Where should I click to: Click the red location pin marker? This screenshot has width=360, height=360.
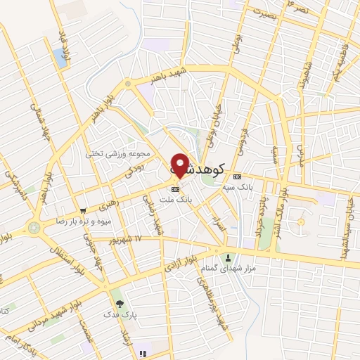181,165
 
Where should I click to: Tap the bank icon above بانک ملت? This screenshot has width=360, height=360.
176,188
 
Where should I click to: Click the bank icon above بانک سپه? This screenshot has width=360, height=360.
238,176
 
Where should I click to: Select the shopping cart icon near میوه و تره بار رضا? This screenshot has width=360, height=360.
84,210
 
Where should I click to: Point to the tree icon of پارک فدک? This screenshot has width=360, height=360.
120,304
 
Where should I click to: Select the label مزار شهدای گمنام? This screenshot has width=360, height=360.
227,269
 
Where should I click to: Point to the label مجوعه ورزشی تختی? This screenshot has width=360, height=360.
118,153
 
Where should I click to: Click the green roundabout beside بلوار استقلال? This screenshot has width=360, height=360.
33,228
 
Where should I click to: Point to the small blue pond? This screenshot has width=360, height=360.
60,58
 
